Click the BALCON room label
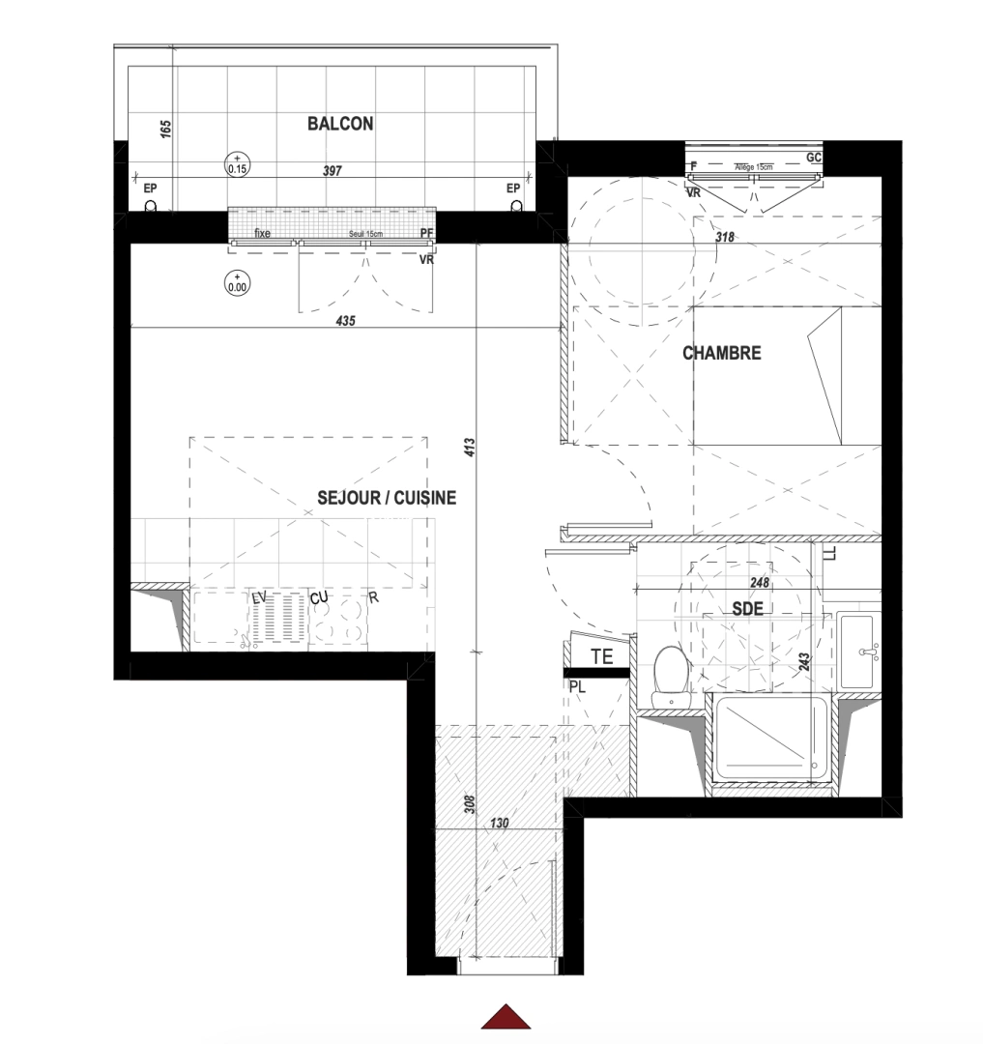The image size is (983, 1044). coord(340,124)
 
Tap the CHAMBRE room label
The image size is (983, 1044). coord(721,353)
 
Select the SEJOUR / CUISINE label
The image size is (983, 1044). coord(386,498)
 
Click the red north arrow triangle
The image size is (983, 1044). coord(507,1017)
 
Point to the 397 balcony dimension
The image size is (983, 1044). coord(332,170)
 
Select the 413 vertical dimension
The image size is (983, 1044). coord(470,447)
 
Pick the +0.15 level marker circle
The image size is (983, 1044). coord(237,163)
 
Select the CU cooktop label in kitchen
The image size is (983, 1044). coord(320,599)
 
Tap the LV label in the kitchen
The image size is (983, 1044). coord(258,598)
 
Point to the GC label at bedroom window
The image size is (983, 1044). coord(813,157)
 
